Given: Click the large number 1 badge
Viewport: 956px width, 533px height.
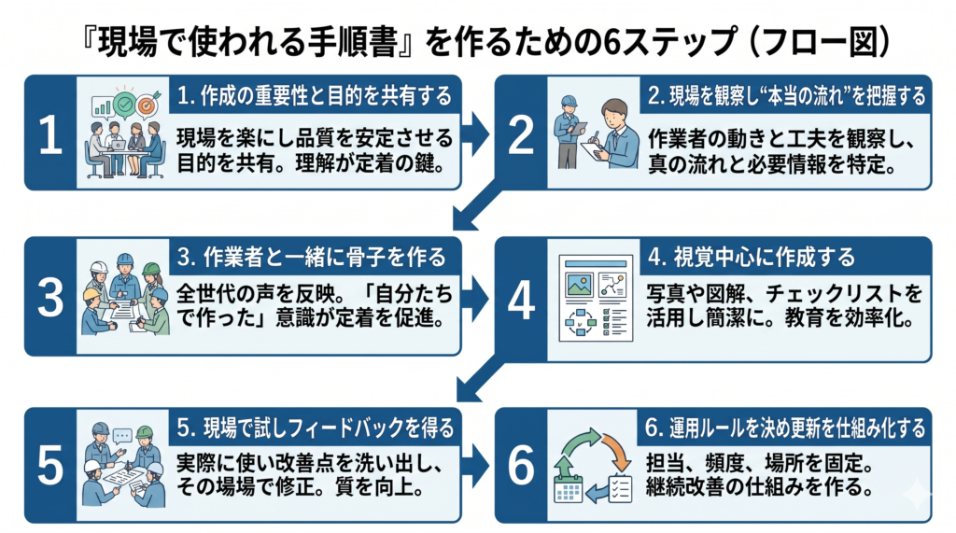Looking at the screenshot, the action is [x=50, y=133].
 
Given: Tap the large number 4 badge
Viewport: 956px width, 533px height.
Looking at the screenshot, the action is [x=521, y=300].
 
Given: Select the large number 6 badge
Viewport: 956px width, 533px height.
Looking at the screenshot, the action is [x=521, y=466].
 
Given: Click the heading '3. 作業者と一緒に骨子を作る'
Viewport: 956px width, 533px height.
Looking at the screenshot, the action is [x=312, y=257].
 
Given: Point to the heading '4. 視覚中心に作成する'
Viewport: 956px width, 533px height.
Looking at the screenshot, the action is [x=752, y=257].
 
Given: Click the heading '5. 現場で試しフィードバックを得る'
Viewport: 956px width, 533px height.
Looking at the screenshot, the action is [x=316, y=428].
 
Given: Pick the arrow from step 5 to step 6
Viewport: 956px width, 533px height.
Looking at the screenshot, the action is [x=475, y=466].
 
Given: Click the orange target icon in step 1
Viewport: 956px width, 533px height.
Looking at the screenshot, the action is [x=147, y=105].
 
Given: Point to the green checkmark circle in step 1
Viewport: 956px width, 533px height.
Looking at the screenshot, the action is [x=125, y=105].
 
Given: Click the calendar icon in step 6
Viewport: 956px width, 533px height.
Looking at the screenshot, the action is [x=568, y=489].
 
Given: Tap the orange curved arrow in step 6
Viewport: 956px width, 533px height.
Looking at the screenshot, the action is [x=617, y=451].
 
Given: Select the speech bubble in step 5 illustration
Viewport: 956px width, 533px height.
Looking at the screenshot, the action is [x=122, y=435].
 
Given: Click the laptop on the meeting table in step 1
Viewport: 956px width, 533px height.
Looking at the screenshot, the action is [x=118, y=145].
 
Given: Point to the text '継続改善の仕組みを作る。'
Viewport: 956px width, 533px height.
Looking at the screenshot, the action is [x=759, y=487].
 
